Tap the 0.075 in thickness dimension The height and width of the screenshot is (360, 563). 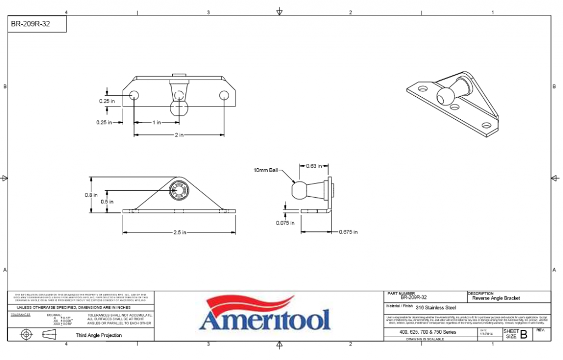(285, 223)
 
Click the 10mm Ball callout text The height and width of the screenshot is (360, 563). (267, 171)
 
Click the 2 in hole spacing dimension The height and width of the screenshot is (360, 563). (179, 135)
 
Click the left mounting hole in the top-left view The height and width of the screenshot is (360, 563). (134, 96)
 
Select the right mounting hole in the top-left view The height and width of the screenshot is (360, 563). (224, 96)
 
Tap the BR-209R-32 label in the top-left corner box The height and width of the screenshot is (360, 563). (31, 24)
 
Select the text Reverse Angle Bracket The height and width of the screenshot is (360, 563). (496, 298)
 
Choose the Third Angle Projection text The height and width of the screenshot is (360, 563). (98, 335)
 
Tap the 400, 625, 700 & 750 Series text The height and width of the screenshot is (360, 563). (428, 333)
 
